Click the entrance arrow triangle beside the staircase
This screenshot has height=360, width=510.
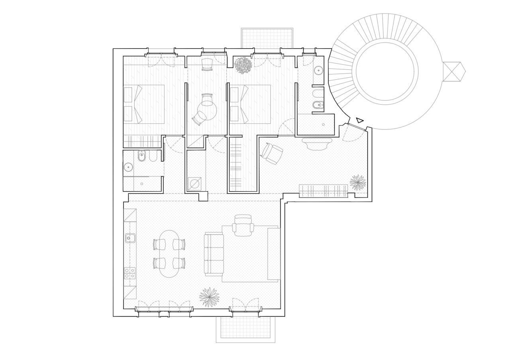360,120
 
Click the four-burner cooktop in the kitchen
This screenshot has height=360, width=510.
129,273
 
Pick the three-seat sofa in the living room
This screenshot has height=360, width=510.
214,254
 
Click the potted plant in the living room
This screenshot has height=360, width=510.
209,297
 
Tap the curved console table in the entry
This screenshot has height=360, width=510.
317,143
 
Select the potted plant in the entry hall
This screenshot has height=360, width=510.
357,182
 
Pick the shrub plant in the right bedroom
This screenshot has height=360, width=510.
243,66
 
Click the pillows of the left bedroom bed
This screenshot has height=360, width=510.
129,104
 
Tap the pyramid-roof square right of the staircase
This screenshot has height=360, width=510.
454,72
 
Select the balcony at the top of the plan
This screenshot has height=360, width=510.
267,38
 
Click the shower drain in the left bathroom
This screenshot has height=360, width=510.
141,184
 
